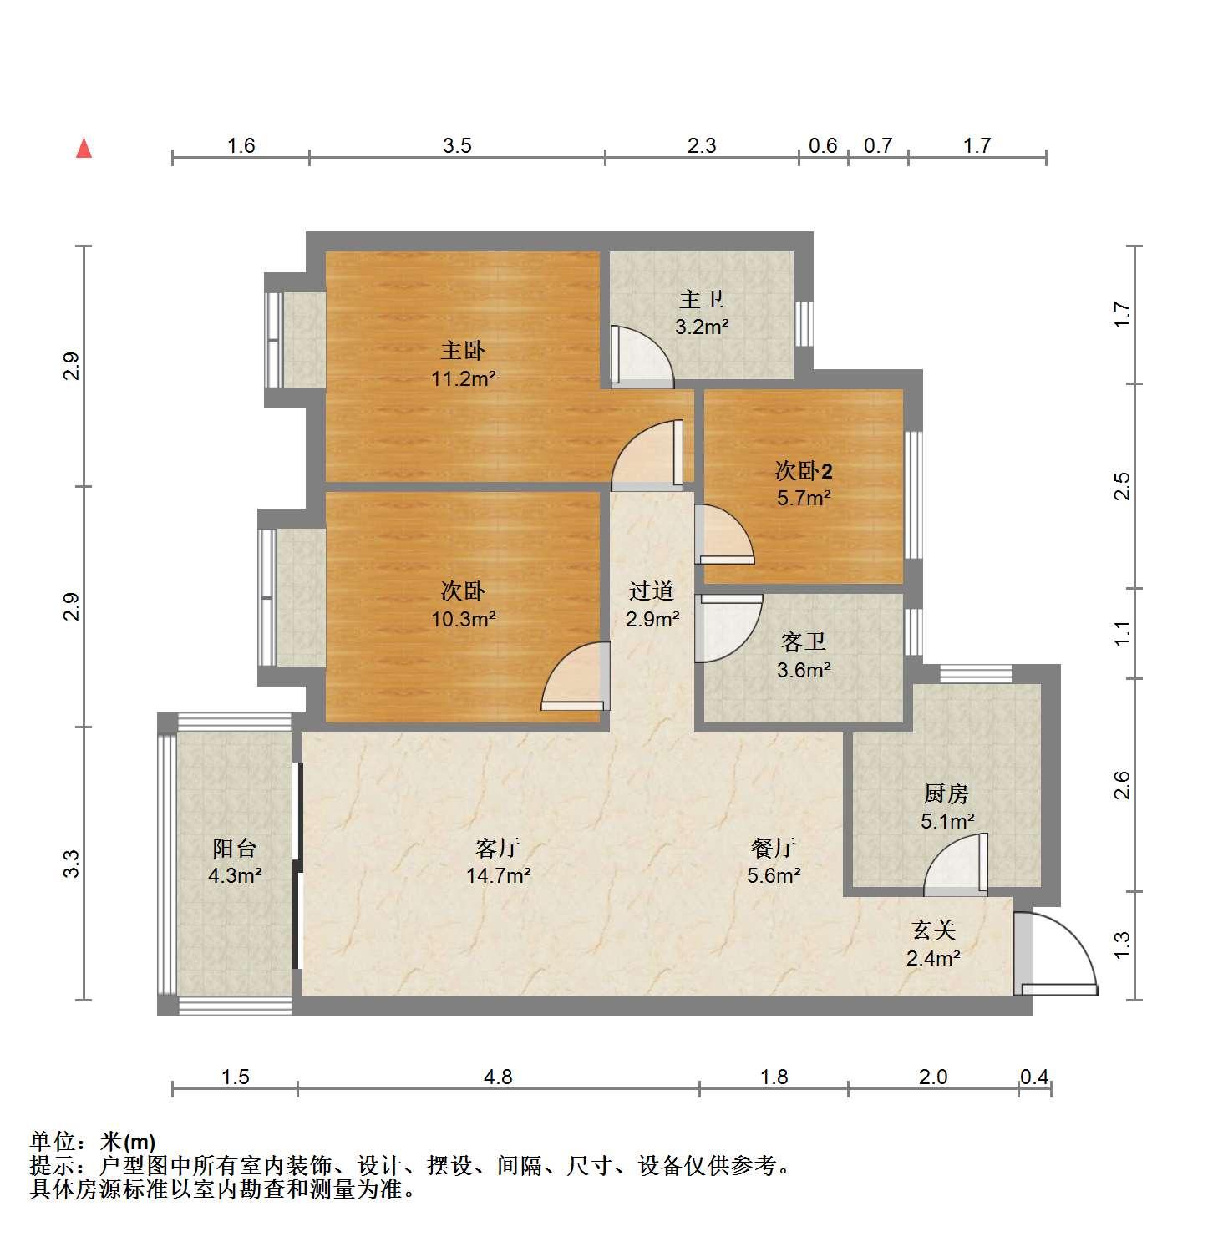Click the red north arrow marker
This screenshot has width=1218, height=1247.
coord(84,148)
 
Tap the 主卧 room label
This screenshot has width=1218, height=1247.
coord(464,351)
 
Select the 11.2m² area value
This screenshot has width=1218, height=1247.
coord(464,379)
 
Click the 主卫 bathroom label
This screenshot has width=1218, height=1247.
coord(702,299)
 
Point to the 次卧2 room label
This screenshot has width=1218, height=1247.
coord(804,471)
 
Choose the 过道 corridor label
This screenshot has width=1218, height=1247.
coord(652,591)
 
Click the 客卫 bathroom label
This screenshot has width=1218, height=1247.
coord(804,641)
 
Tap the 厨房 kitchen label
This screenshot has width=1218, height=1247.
coord(946,793)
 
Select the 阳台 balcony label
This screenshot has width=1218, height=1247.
coord(235,849)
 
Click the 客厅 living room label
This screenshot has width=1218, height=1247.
coord(498,849)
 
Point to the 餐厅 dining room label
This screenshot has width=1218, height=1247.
coord(774,849)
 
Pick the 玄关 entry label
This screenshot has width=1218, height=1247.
coord(933,930)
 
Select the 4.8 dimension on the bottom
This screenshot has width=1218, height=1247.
coord(498,1077)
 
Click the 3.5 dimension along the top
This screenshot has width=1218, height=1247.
coord(457,146)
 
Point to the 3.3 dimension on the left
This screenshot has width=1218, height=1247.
coord(72,863)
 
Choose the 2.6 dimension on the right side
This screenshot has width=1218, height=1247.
coord(1122,785)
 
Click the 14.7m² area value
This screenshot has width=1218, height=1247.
coord(499,876)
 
